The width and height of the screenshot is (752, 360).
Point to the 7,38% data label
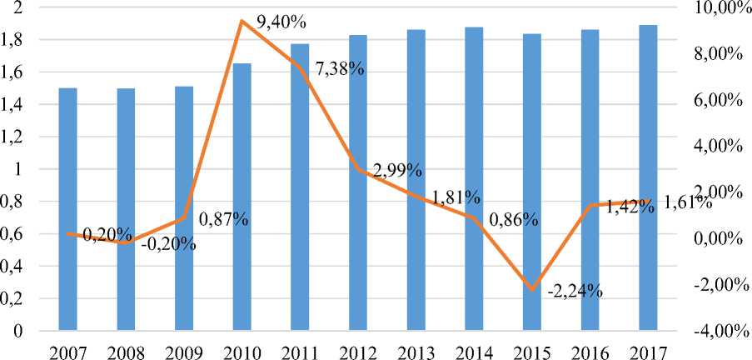[340, 69]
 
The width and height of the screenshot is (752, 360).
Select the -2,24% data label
[575, 292]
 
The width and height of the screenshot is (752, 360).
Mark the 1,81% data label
[456, 198]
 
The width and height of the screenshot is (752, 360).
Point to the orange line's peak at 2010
[242, 21]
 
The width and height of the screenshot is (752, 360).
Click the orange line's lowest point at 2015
[531, 290]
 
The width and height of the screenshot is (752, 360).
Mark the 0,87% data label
[224, 221]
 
